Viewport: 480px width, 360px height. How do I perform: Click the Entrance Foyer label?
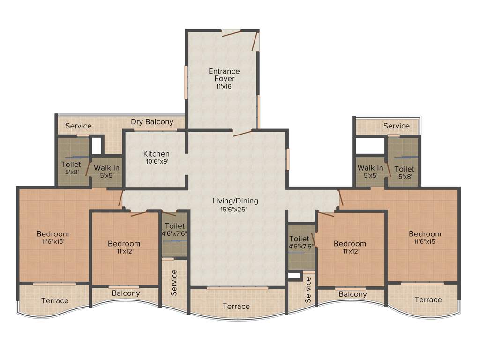tap(224, 75)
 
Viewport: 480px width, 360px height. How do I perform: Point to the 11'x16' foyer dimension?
tap(224, 87)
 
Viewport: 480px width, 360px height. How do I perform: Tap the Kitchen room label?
tap(157, 154)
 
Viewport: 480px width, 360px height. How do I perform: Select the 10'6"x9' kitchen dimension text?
tap(157, 161)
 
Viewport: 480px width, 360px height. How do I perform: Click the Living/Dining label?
tap(235, 201)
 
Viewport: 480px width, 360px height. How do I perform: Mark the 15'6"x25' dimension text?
tap(235, 209)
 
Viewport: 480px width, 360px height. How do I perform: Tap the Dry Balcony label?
tap(152, 122)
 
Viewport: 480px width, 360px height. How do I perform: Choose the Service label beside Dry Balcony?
tap(78, 126)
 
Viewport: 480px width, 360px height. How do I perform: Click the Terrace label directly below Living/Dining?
tap(236, 307)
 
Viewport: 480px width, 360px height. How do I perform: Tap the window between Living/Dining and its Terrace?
tap(237, 287)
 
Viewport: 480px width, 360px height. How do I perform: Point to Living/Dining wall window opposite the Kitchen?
tap(288, 160)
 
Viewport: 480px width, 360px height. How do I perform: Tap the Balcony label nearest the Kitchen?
tap(126, 293)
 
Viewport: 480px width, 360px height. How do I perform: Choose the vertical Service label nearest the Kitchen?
tap(174, 283)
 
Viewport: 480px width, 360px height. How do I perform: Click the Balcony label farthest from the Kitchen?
tap(352, 294)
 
